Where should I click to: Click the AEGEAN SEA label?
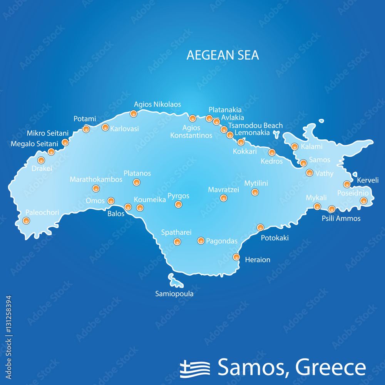pyautogui.click(x=223, y=55)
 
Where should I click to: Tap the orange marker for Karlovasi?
pyautogui.click(x=105, y=127)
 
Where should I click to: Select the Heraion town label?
pyautogui.click(x=258, y=260)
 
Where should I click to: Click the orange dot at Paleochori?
pyautogui.click(x=26, y=221)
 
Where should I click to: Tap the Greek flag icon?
pyautogui.click(x=195, y=368)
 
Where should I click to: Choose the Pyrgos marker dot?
pyautogui.click(x=178, y=204)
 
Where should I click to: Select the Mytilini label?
pyautogui.click(x=256, y=183)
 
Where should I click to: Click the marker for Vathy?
pyautogui.click(x=310, y=173)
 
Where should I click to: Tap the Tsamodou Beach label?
pyautogui.click(x=255, y=126)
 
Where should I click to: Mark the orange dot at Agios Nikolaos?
pyautogui.click(x=133, y=114)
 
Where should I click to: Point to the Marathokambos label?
pyautogui.click(x=96, y=179)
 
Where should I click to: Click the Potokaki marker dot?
pyautogui.click(x=260, y=228)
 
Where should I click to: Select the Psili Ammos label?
pyautogui.click(x=341, y=218)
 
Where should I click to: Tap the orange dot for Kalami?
pyautogui.click(x=295, y=146)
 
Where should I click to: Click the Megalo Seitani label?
pyautogui.click(x=34, y=144)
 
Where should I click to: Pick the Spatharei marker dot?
pyautogui.click(x=177, y=242)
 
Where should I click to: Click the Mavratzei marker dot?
pyautogui.click(x=223, y=198)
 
